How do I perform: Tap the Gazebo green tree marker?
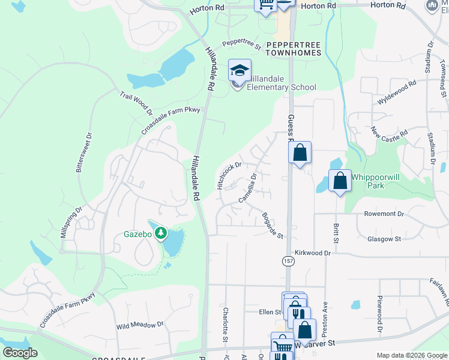(160, 233)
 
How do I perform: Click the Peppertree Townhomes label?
(294, 49)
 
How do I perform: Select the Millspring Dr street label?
(71, 223)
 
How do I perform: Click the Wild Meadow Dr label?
(140, 325)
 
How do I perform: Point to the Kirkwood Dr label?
(312, 254)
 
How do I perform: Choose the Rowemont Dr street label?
(384, 214)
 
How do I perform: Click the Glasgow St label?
(384, 239)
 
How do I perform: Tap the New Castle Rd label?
(389, 131)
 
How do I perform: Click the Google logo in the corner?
(20, 353)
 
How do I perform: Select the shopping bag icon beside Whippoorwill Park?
(340, 181)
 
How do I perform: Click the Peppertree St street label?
(241, 44)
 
